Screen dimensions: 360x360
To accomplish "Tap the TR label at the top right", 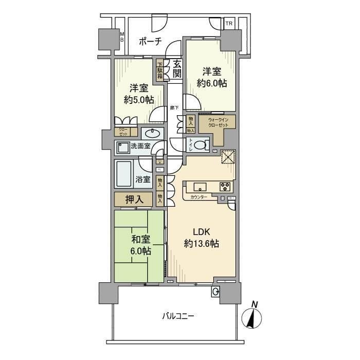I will [228, 24].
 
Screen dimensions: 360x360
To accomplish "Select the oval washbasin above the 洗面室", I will [152, 134].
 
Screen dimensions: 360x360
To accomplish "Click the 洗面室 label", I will [140, 146].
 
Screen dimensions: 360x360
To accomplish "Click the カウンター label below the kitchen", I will [199, 197].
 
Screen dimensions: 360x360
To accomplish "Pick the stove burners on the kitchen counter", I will [226, 186].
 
